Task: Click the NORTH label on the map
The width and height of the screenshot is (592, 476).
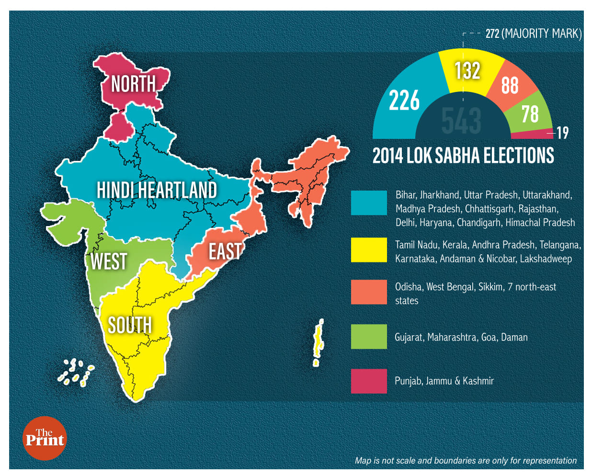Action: click(x=134, y=84)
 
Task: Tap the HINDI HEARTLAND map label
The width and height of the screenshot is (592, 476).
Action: click(x=157, y=190)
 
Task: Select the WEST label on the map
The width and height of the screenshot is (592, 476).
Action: click(x=109, y=261)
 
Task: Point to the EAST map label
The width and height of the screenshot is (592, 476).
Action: click(x=225, y=251)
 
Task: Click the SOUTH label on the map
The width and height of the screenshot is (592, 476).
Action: click(x=130, y=326)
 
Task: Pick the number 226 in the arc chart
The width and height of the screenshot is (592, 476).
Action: click(x=404, y=101)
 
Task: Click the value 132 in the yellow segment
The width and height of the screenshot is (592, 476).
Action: click(x=467, y=70)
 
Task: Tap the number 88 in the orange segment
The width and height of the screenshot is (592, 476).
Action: click(x=510, y=85)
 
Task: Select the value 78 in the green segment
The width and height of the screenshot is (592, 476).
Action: click(x=530, y=114)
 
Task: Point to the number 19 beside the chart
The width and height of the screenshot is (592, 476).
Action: click(x=562, y=133)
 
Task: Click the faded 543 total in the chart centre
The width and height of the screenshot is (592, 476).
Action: click(x=461, y=120)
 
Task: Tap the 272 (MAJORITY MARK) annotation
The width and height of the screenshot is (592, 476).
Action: click(x=533, y=34)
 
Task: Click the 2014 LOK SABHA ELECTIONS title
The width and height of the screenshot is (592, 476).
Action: click(x=463, y=156)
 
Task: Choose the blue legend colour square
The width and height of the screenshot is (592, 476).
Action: click(x=369, y=203)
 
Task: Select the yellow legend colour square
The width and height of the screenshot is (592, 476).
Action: click(x=369, y=249)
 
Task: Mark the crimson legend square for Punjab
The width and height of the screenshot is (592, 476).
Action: click(x=369, y=381)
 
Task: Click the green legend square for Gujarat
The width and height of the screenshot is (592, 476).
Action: click(x=369, y=336)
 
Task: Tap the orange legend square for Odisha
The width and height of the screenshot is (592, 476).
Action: click(x=369, y=292)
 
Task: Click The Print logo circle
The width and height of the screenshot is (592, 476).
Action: click(x=45, y=438)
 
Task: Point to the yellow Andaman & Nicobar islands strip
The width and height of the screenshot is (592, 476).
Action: click(x=317, y=342)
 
